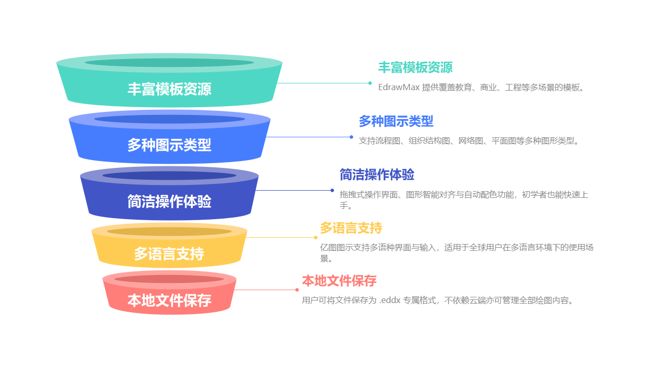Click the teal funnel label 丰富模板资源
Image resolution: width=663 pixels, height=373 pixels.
click(169, 89)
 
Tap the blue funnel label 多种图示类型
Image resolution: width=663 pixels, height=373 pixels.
click(169, 145)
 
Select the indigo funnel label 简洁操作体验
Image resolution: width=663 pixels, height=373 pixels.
click(169, 202)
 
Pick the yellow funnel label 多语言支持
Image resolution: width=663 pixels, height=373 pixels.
click(169, 254)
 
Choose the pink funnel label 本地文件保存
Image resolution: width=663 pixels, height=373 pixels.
click(169, 300)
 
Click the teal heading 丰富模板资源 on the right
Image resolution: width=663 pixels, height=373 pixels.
click(415, 67)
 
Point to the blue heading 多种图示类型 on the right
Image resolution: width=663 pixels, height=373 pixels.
click(396, 121)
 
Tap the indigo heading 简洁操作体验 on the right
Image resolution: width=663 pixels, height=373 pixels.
click(377, 175)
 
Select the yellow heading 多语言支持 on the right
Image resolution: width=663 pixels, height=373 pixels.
click(351, 228)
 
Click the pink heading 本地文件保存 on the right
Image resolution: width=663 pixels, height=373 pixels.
click(339, 281)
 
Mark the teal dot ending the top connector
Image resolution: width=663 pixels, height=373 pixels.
click(370, 83)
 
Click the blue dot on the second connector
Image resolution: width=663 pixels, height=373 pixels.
click(351, 137)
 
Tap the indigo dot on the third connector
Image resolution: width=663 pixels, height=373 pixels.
click(332, 190)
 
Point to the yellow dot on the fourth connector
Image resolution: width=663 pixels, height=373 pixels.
click(315, 237)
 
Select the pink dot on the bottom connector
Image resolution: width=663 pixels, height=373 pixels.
click(297, 290)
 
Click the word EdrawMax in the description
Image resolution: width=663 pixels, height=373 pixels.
click(398, 87)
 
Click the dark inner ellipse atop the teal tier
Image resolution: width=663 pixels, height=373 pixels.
click(169, 63)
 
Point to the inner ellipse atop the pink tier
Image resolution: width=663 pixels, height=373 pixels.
click(169, 279)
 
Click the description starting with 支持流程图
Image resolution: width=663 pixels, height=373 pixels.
click(469, 140)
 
